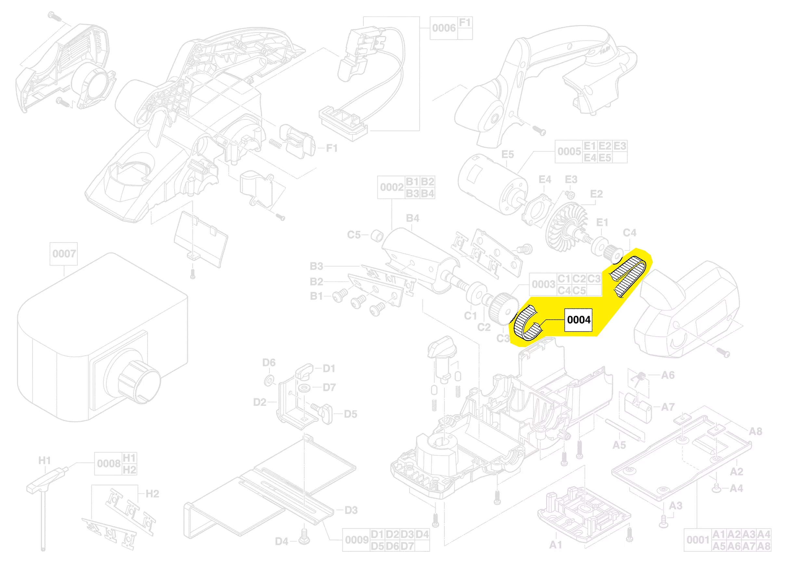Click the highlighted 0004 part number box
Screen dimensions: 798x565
coord(578,320)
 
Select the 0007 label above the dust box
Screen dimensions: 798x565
coord(64,254)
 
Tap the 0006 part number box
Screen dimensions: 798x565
coord(444,28)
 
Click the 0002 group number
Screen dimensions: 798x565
coord(392,187)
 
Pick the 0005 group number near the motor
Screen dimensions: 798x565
coord(569,151)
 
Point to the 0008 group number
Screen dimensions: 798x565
coord(109,463)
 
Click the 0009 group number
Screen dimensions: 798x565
coord(357,540)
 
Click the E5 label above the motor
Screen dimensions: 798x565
coord(507,154)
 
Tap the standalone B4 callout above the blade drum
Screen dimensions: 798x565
coord(412,218)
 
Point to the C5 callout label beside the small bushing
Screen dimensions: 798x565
coord(354,235)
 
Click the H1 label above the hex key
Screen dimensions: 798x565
coord(45,460)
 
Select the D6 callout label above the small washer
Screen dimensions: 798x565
coord(269,363)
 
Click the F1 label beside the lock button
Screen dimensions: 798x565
coord(332,148)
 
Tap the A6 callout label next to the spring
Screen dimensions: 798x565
coord(668,375)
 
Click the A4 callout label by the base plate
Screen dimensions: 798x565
coord(736,488)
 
